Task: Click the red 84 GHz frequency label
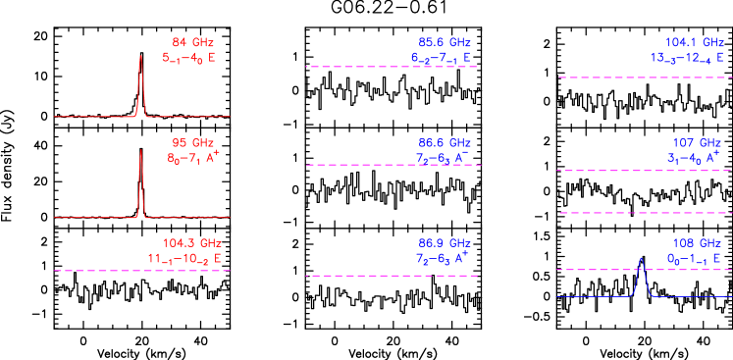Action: click(192, 42)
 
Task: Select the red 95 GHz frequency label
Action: click(192, 142)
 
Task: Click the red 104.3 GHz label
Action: click(192, 243)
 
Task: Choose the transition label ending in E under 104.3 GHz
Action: click(184, 259)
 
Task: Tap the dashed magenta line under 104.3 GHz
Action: click(142, 270)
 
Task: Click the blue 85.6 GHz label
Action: click(445, 42)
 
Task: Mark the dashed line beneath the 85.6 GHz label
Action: click(393, 67)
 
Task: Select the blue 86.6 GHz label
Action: click(445, 142)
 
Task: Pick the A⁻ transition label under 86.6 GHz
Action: click(443, 157)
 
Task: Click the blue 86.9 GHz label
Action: click(445, 243)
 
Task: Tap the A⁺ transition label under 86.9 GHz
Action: click(443, 258)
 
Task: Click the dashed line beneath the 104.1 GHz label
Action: click(644, 77)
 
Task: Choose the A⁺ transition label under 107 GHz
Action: click(694, 157)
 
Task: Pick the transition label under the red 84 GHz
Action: click(188, 58)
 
